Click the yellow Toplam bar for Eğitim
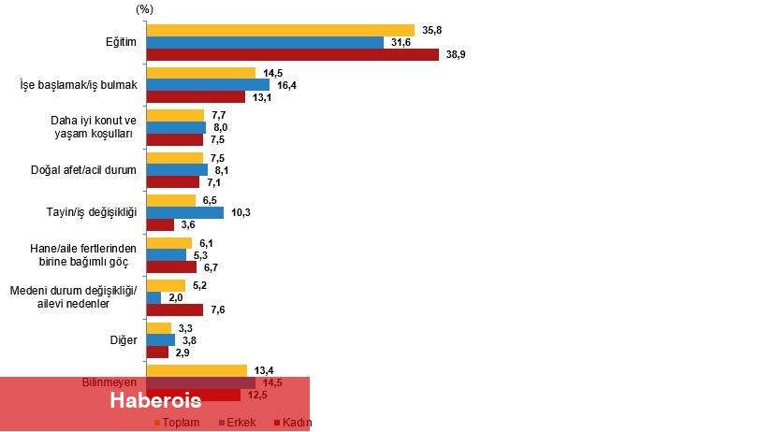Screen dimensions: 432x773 coord(281,30)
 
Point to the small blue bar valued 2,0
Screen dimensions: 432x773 coord(154,297)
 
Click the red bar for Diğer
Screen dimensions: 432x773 coord(158,352)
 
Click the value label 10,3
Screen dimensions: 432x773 coord(241,212)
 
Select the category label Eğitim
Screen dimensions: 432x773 coord(121,43)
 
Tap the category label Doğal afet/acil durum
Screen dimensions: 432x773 coord(84,170)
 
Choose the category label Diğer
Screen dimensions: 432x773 coord(124,339)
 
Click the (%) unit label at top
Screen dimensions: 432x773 coord(144,7)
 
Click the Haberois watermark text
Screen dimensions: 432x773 coord(154,400)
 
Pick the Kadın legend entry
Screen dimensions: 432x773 coord(297,423)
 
